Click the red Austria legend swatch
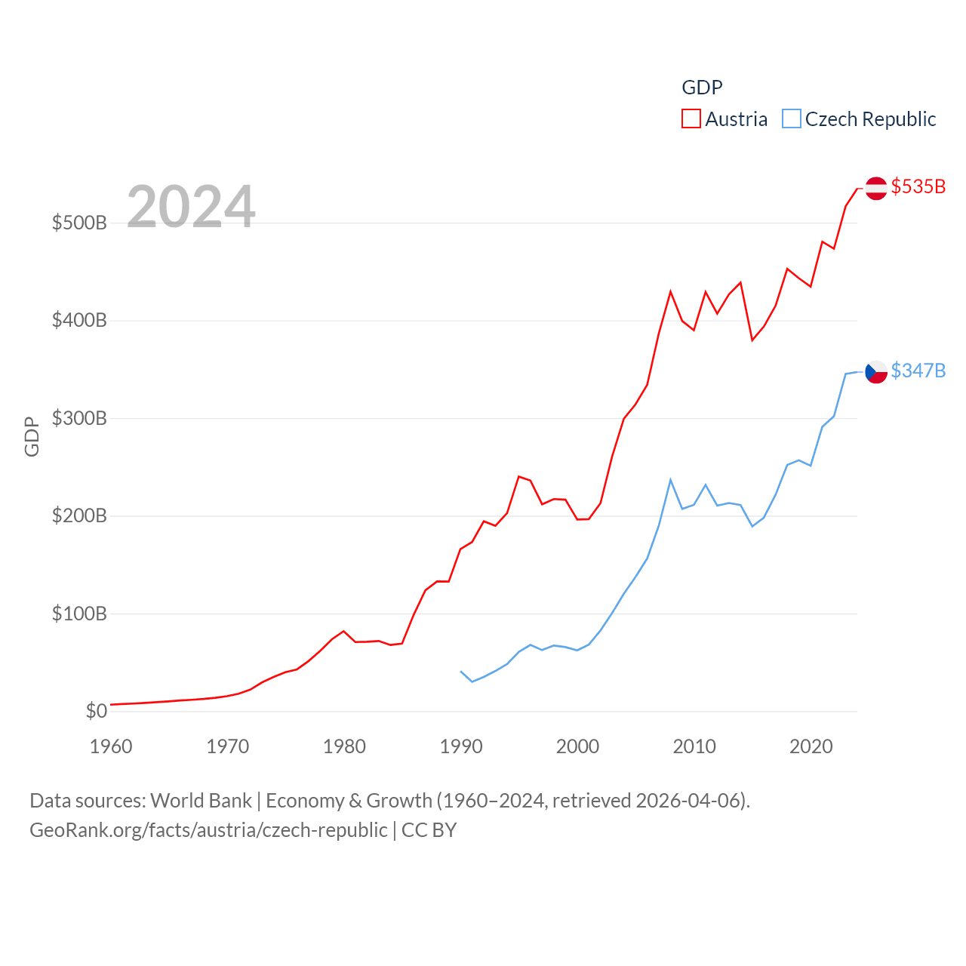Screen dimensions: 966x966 coord(691,119)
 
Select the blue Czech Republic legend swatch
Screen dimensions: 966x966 coord(791,119)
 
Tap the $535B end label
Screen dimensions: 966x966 coord(918,186)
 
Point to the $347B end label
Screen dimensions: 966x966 coord(918,371)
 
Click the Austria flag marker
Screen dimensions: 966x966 coord(875,188)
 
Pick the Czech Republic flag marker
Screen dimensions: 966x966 coord(875,371)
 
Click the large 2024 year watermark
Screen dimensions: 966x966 coord(191,207)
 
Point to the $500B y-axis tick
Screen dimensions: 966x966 coord(79,223)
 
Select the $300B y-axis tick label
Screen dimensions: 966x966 coord(79,418)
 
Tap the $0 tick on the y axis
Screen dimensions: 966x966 coord(96,711)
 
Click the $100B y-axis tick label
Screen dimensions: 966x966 coord(79,614)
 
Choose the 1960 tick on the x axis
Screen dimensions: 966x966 coord(111,746)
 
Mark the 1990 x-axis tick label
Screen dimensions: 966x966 coord(461,746)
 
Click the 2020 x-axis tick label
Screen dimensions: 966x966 coord(811,746)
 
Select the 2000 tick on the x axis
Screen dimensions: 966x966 coord(578,746)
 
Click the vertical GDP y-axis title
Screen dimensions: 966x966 coord(32,436)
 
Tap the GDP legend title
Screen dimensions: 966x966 coord(702,88)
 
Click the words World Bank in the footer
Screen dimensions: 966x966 coord(201,800)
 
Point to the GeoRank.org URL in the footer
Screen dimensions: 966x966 coord(208,830)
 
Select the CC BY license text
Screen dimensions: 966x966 coord(429,830)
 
